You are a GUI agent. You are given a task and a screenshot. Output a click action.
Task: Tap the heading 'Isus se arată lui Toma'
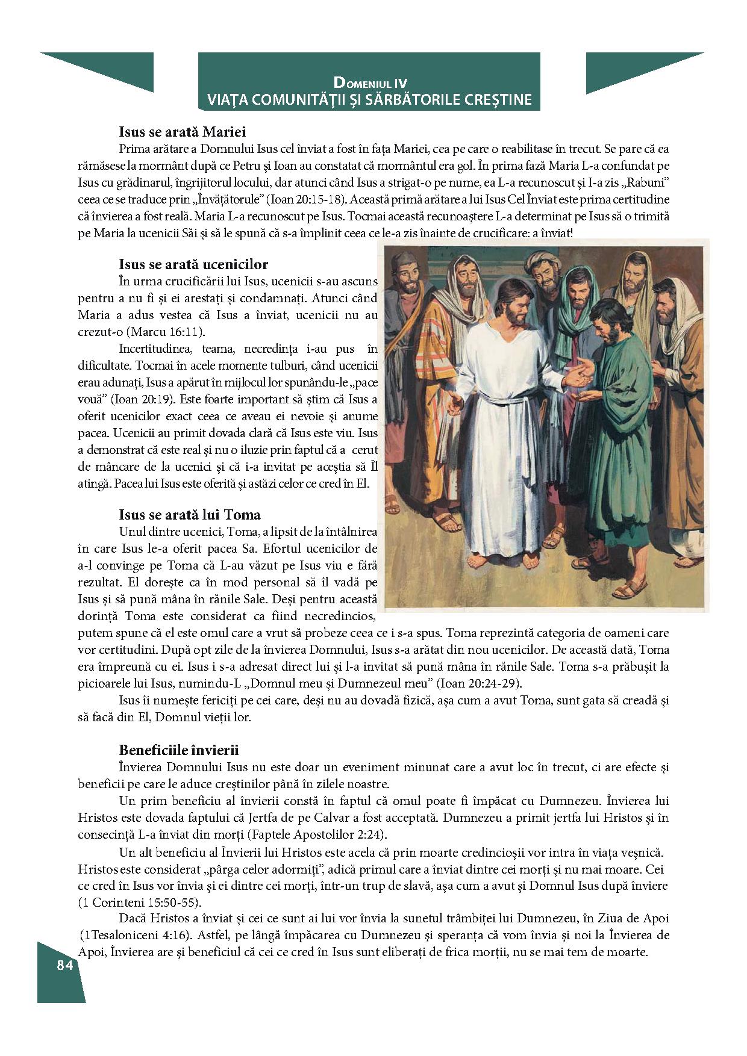click(190, 515)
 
